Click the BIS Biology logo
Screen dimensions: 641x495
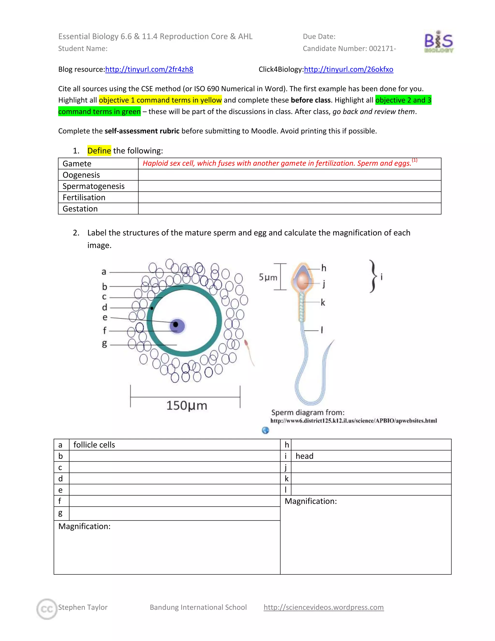click(x=438, y=42)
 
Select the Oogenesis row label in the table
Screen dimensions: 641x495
click(x=81, y=175)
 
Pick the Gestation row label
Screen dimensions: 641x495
click(x=80, y=209)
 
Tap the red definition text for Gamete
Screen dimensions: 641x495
click(x=277, y=163)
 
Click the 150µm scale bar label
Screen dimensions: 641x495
click(x=187, y=405)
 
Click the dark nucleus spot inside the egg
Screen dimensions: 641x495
click(x=176, y=324)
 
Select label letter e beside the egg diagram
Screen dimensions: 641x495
click(x=105, y=317)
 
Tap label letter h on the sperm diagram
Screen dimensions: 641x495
click(x=324, y=268)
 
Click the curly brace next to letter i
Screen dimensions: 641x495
click(x=373, y=276)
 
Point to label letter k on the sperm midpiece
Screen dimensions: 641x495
click(x=323, y=302)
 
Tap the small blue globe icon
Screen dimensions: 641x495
click(x=265, y=430)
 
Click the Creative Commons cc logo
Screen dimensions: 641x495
click(x=47, y=609)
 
